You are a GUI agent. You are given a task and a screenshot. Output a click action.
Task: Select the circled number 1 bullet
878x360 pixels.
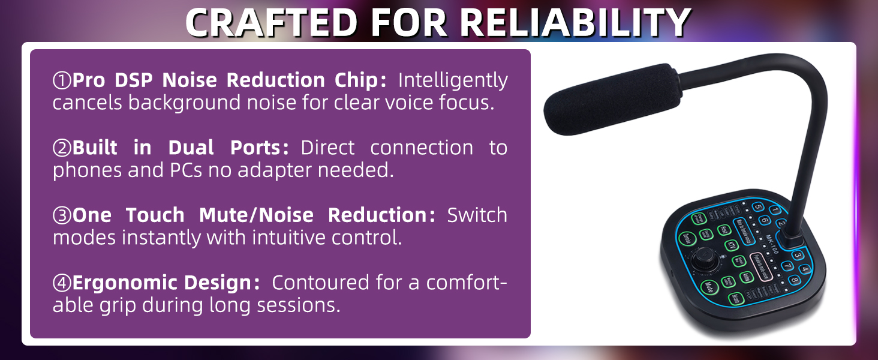point(62,80)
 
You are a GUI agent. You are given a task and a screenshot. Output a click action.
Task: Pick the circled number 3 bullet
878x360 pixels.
point(62,215)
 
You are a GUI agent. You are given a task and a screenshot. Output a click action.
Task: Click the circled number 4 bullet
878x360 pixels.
point(62,283)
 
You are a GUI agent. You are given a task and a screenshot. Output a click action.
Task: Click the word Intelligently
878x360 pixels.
point(453,80)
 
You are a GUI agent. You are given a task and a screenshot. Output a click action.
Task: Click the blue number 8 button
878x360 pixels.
point(794,280)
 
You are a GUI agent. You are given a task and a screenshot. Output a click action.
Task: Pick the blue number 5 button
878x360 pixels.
point(757,208)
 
